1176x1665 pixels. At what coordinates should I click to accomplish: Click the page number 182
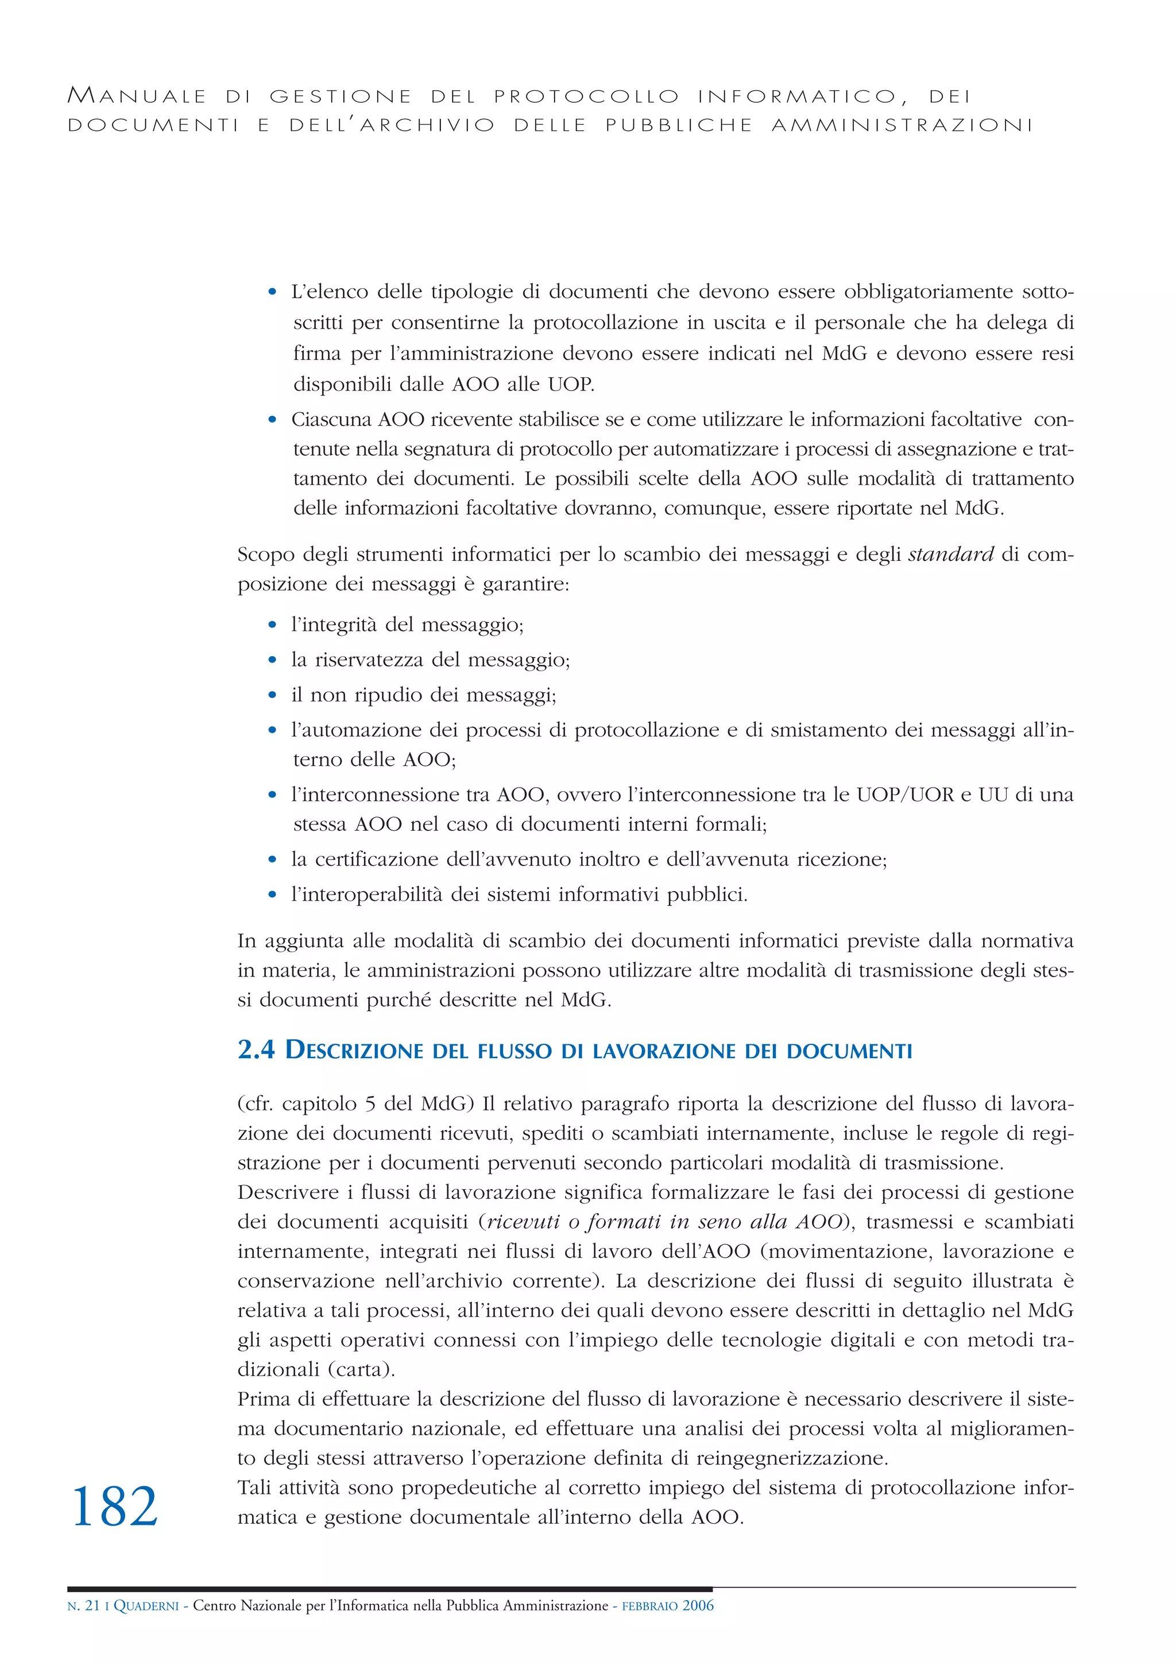point(115,1506)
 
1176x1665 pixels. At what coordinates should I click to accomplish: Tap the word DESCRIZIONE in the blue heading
point(353,1050)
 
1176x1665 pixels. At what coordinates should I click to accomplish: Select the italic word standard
point(950,554)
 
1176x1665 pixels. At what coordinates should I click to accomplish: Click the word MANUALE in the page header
point(137,96)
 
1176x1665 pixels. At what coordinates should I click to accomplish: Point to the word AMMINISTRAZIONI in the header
point(902,126)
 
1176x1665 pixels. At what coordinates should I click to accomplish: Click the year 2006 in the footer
point(698,1625)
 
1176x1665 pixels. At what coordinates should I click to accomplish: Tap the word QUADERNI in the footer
point(146,1626)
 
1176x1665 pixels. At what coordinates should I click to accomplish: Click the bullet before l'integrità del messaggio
point(272,625)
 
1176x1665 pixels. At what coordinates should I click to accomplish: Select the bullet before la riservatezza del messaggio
point(272,660)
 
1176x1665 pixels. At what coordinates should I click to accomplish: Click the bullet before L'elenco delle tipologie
point(272,292)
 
